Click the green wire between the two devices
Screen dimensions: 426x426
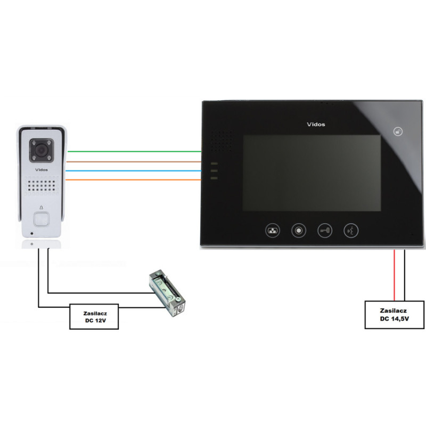click(133, 151)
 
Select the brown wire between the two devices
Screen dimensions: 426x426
click(133, 161)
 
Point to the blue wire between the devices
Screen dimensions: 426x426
click(133, 171)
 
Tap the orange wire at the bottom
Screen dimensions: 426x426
click(133, 181)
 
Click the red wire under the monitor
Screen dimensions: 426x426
click(394, 274)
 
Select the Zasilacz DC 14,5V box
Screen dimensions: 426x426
click(395, 314)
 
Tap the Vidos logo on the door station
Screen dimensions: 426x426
click(41, 169)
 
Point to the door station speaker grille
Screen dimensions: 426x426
click(41, 186)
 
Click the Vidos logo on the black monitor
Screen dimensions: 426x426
click(316, 125)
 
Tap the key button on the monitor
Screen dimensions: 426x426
click(325, 231)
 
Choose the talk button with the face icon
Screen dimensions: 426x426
click(351, 231)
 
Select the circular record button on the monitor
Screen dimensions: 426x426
click(299, 231)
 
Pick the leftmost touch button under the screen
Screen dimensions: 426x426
click(273, 231)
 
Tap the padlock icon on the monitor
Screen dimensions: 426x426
click(397, 131)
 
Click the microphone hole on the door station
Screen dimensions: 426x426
click(31, 233)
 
